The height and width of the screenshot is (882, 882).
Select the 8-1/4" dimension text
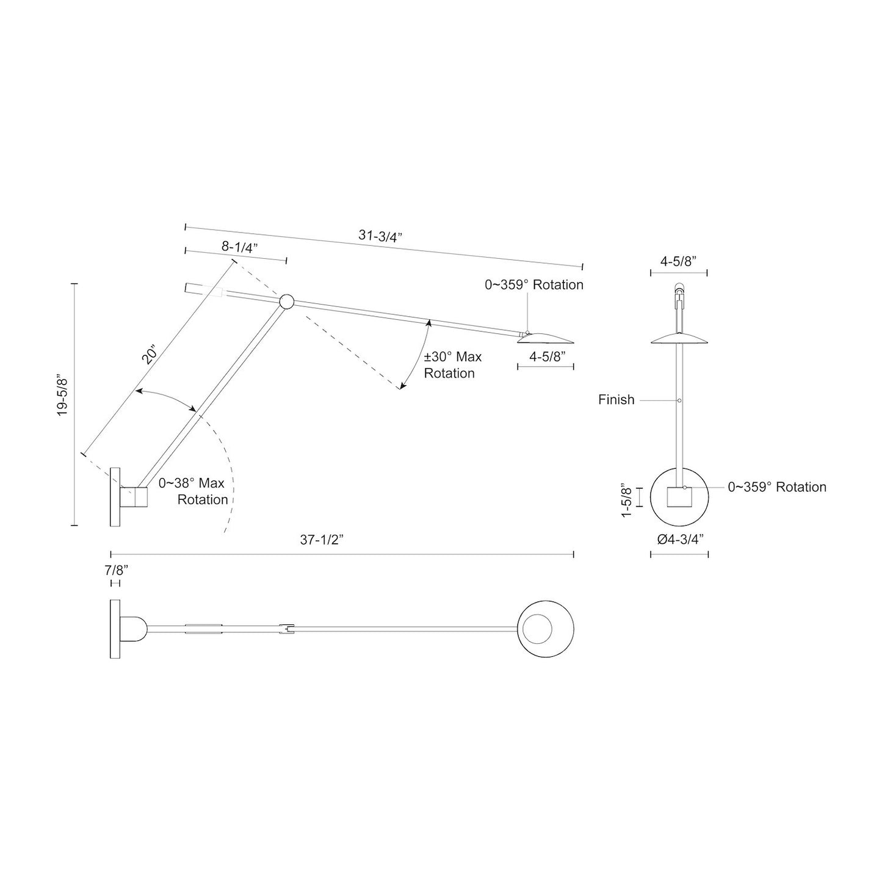240,247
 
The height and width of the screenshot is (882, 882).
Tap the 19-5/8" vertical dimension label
63,396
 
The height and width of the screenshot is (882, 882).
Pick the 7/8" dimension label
115,570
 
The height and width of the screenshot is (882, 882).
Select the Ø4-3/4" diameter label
679,540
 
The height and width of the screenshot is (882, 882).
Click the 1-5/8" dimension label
625,501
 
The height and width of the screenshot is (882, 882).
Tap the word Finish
616,400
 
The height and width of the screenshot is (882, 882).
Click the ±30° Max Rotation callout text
452,365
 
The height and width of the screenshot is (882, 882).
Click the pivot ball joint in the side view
286,301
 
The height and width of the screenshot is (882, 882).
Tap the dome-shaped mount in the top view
134,629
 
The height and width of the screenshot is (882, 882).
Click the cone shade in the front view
679,339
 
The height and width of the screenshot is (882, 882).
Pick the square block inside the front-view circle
679,497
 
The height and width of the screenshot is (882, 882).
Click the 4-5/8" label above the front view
679,261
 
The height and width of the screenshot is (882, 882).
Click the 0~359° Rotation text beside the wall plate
776,487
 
